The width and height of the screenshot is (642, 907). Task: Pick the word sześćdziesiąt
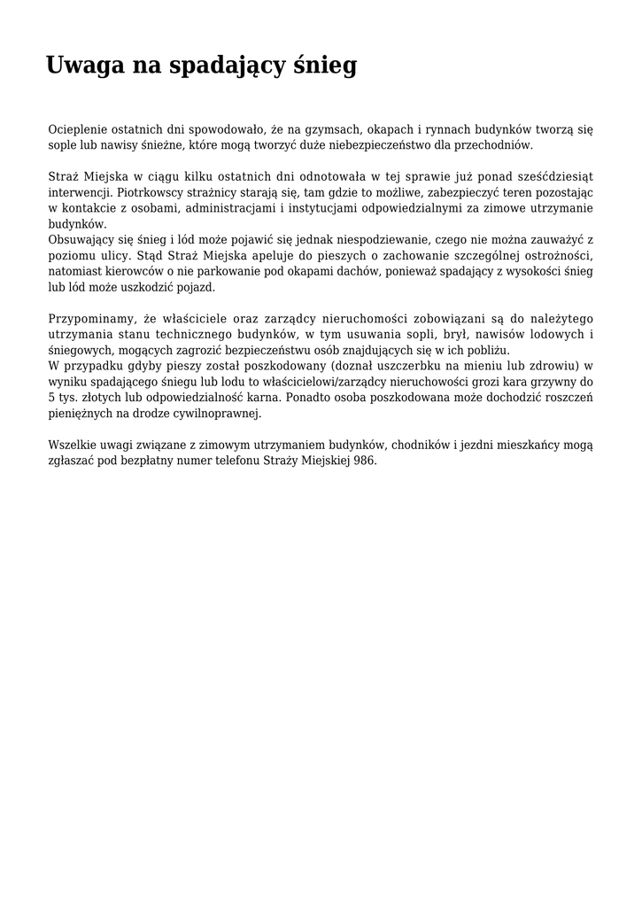click(x=551, y=177)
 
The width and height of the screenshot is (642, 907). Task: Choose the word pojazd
click(x=197, y=287)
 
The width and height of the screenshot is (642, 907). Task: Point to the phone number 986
click(x=365, y=461)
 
